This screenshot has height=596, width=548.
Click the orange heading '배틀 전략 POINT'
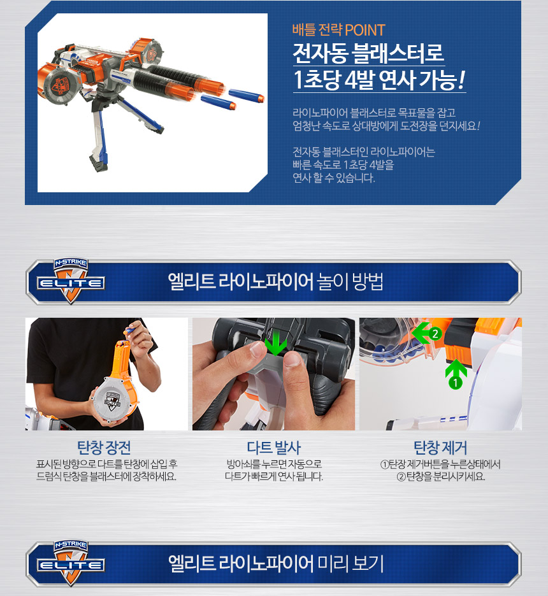pos(338,30)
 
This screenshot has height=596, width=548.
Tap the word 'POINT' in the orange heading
pos(365,30)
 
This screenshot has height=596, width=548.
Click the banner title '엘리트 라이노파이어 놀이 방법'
pos(275,281)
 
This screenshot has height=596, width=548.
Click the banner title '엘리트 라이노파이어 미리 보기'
pos(276,564)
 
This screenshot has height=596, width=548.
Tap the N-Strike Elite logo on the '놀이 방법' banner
pos(71,281)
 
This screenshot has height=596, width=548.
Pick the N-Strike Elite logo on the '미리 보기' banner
pos(71,562)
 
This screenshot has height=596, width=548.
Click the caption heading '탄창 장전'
pos(104,448)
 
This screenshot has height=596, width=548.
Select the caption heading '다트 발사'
pos(274,448)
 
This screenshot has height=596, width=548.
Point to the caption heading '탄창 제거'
pos(440,448)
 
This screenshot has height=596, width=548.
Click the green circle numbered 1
pos(455,383)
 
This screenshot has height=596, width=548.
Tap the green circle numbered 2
pos(435,334)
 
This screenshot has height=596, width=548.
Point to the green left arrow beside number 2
pos(421,333)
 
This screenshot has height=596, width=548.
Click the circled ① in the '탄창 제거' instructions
pos(384,464)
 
